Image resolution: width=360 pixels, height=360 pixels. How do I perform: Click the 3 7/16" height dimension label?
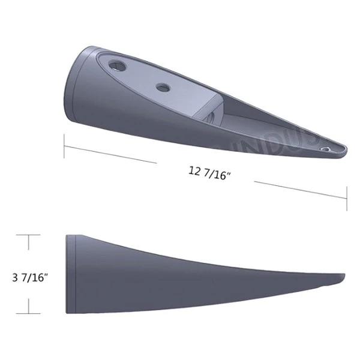pos(30,278)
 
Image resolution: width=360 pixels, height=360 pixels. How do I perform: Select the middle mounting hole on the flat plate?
pos(163,88)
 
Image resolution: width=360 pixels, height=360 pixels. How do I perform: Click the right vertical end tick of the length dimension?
pos(347,198)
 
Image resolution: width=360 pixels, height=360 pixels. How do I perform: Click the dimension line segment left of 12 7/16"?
pos(111,154)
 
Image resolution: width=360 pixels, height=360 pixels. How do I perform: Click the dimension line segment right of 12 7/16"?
pos(300,190)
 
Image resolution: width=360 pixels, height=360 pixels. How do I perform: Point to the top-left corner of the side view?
pos(66,236)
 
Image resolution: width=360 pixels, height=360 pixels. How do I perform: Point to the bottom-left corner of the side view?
pos(66,313)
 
